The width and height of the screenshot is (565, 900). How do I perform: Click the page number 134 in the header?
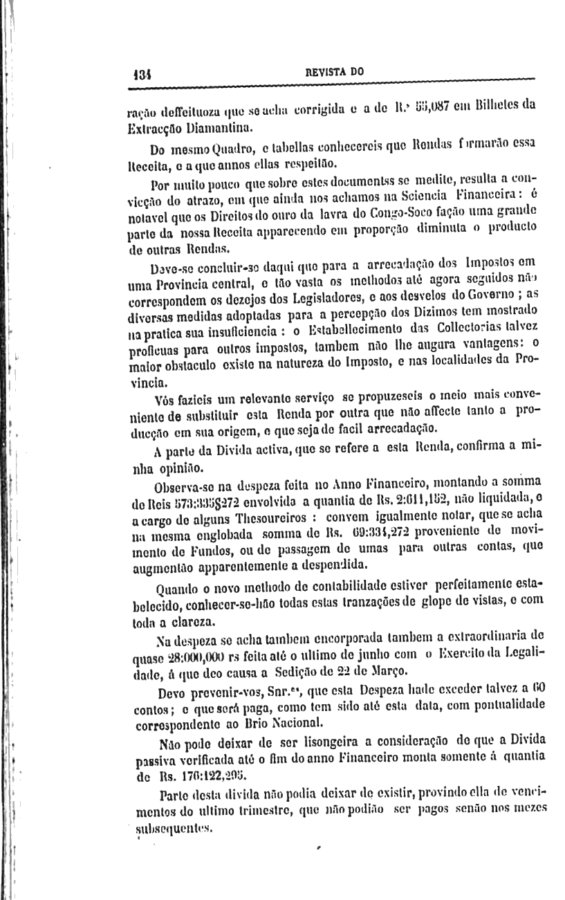(x=141, y=72)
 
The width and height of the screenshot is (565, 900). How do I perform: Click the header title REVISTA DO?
(x=335, y=71)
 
